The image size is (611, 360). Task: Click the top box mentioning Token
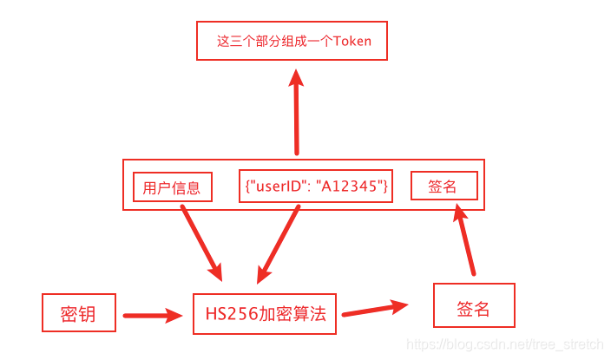(292, 41)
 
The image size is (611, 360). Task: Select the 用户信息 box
(172, 187)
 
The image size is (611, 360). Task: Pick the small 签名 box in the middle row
(443, 186)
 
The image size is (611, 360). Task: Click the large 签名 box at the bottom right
(473, 307)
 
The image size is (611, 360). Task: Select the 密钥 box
(79, 312)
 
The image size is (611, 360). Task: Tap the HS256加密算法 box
(265, 313)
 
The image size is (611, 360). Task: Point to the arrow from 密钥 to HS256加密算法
(154, 316)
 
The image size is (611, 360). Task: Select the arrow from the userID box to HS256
(279, 243)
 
